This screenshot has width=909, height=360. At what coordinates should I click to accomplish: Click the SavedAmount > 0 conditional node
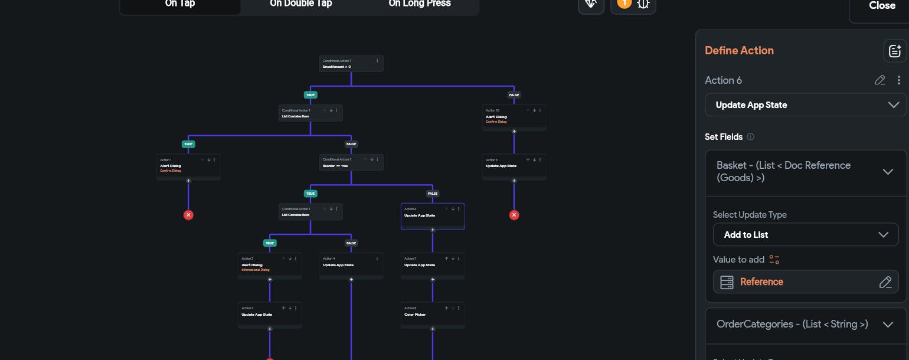(x=351, y=64)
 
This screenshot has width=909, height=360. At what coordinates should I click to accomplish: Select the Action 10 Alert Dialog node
(x=514, y=117)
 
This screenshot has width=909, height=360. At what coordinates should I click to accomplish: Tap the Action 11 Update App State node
(x=514, y=166)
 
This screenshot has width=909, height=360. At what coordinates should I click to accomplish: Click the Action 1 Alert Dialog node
(x=188, y=166)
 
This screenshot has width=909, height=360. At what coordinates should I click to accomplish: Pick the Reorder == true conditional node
(x=351, y=163)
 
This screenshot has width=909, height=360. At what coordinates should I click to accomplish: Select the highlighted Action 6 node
(x=432, y=216)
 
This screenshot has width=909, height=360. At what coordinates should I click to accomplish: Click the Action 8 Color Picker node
(x=432, y=315)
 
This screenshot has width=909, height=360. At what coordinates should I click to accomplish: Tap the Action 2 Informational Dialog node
(x=270, y=266)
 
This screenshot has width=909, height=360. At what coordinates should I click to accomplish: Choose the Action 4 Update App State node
(x=351, y=265)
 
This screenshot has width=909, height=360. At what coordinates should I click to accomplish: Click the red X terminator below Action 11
(x=514, y=215)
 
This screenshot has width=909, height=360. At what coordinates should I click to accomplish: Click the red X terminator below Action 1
(x=188, y=215)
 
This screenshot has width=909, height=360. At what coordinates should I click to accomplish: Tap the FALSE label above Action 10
(x=514, y=94)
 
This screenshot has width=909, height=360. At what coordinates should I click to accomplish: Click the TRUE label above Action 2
(x=270, y=243)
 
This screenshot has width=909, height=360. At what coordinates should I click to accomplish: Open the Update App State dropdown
(x=805, y=105)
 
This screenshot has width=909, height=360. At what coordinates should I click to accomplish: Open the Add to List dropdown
(x=805, y=234)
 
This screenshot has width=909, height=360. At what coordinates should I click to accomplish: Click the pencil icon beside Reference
(x=885, y=282)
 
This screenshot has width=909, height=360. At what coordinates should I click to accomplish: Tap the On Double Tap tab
(x=301, y=4)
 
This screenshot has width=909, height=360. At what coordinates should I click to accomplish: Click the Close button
(x=882, y=6)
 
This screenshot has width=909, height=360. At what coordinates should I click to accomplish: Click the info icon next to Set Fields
(x=751, y=137)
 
